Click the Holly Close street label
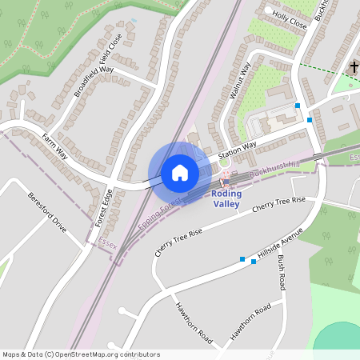click(289, 19)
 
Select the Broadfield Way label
click(94, 81)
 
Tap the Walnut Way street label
click(240, 81)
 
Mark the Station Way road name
click(238, 150)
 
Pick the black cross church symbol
click(354, 67)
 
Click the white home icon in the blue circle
click(180, 172)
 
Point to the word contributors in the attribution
click(138, 354)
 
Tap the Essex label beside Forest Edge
click(107, 241)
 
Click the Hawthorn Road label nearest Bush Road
click(251, 321)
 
